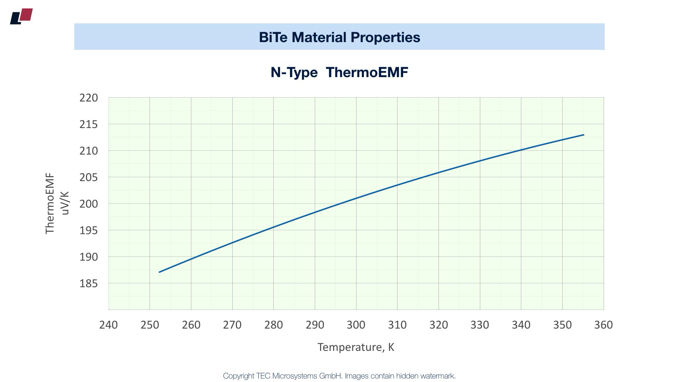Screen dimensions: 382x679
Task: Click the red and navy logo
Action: click(22, 16)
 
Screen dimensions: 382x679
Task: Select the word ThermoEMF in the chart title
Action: click(367, 72)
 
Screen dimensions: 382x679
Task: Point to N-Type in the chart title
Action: click(294, 72)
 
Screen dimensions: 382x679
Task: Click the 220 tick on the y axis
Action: click(88, 98)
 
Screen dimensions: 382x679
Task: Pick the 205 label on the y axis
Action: click(88, 177)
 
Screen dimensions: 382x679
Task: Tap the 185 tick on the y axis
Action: click(88, 283)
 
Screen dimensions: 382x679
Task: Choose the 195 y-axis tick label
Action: click(88, 230)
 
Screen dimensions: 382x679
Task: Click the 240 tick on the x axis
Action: click(109, 325)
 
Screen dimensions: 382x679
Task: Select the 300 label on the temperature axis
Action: click(356, 325)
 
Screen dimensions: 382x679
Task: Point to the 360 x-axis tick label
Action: click(603, 325)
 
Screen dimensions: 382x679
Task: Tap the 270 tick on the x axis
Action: click(232, 325)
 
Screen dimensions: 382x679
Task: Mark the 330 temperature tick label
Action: click(480, 325)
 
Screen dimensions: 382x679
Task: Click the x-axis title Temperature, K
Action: click(356, 347)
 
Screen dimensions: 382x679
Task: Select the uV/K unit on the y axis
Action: click(65, 203)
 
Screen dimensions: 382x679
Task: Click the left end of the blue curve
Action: click(159, 272)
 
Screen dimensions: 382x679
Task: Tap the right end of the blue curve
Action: click(584, 135)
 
